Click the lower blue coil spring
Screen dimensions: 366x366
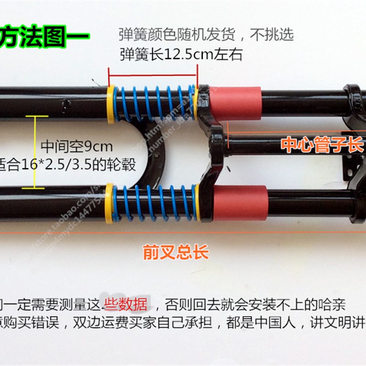click(x=154, y=202)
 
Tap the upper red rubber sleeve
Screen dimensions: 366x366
click(x=237, y=102)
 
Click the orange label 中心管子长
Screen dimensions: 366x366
click(x=322, y=146)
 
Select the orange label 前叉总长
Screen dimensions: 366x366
click(x=176, y=253)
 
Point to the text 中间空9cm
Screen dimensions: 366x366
click(x=77, y=147)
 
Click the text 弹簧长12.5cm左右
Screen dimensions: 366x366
click(x=181, y=55)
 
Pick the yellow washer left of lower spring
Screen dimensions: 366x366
click(x=109, y=203)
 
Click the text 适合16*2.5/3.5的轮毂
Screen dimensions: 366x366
click(x=69, y=164)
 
